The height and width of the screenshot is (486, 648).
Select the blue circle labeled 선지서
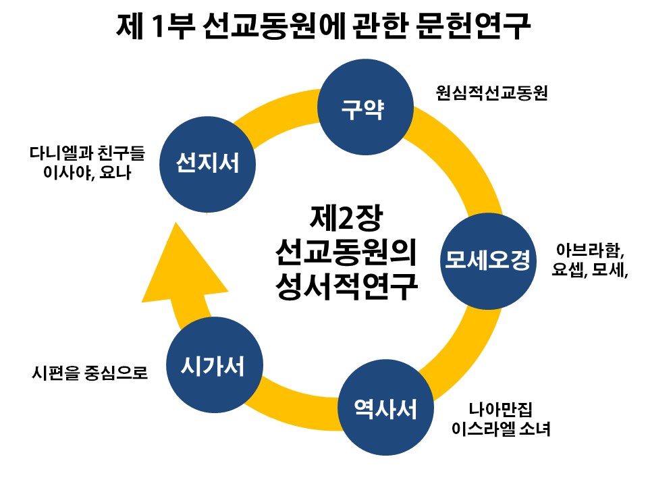click(x=207, y=163)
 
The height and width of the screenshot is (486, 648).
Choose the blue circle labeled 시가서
click(x=212, y=367)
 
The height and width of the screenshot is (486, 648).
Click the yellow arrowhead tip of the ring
click(x=173, y=230)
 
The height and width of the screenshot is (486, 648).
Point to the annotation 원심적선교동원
click(x=491, y=93)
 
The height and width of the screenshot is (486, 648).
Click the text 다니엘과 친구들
click(x=87, y=153)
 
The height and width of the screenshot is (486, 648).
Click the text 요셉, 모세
click(x=587, y=271)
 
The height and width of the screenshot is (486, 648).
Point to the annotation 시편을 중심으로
click(x=89, y=372)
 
